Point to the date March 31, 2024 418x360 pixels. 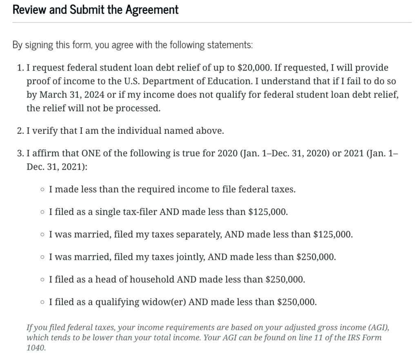[x=73, y=95]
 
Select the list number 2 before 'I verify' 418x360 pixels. [x=20, y=131]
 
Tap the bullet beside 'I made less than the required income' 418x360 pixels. [x=43, y=189]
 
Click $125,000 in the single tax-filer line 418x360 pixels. [x=267, y=212]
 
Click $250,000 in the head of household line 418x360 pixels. [x=285, y=280]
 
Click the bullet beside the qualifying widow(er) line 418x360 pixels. [x=43, y=302]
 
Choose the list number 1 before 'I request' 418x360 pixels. [x=20, y=67]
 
